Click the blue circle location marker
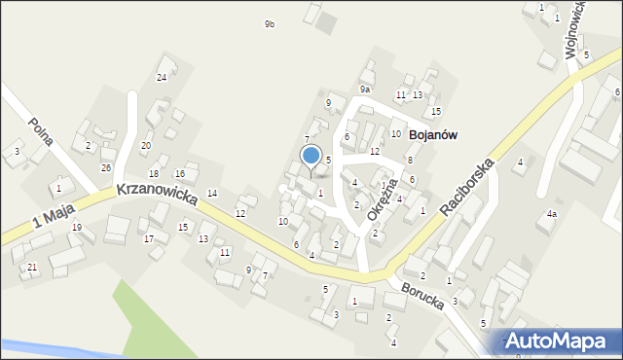pyautogui.click(x=311, y=156)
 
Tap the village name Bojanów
pyautogui.click(x=433, y=135)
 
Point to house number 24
pyautogui.click(x=162, y=77)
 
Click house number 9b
pyautogui.click(x=269, y=23)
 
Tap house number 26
pyautogui.click(x=107, y=167)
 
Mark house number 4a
pyautogui.click(x=551, y=213)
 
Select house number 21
pyautogui.click(x=32, y=267)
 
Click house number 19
pyautogui.click(x=76, y=228)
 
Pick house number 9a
pyautogui.click(x=364, y=90)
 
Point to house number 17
pyautogui.click(x=149, y=238)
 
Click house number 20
pyautogui.click(x=146, y=146)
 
